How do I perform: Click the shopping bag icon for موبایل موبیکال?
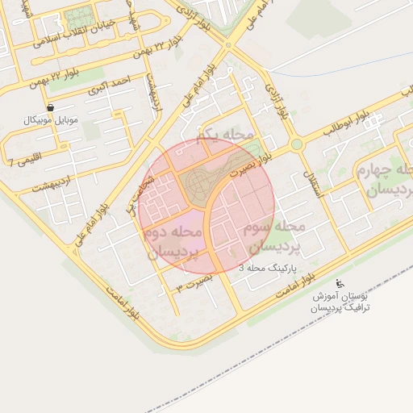point(51,107)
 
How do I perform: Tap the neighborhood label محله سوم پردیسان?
point(271,235)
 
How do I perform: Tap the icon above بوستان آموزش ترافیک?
point(340,284)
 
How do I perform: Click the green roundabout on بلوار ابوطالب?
point(297,144)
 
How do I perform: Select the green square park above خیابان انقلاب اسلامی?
point(78,16)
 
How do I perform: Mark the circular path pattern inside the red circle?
point(199,185)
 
